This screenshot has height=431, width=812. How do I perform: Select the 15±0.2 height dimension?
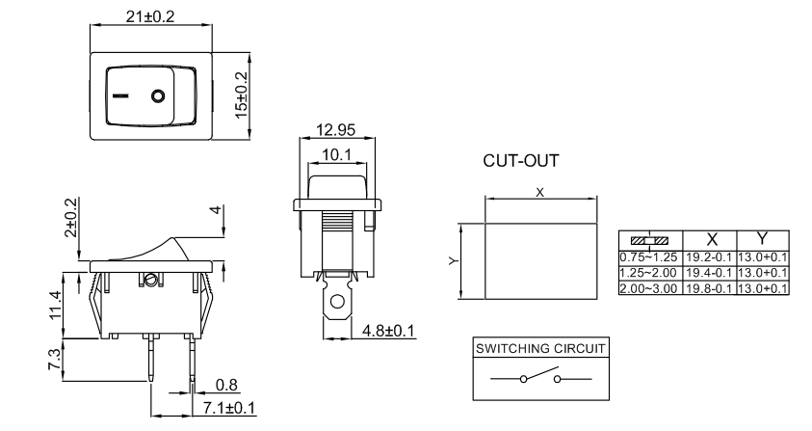(241, 94)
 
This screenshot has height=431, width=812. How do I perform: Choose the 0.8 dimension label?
(227, 386)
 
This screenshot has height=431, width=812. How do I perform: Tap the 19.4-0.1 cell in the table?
(710, 275)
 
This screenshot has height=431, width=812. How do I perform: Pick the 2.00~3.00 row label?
(654, 287)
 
